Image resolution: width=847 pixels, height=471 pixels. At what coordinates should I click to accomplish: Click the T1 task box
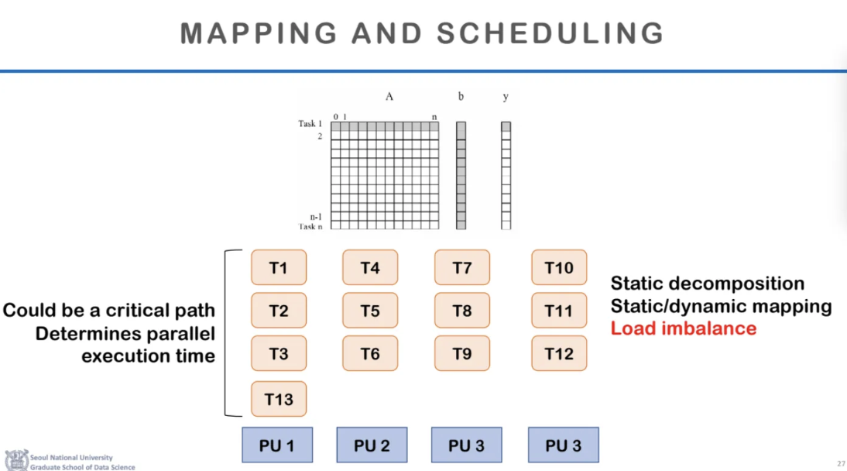[x=279, y=268]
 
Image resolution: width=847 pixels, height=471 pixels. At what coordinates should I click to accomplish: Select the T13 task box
[x=279, y=400]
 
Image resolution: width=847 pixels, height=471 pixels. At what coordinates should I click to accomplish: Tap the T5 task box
[x=370, y=311]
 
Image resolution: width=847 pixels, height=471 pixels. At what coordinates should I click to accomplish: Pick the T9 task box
[x=462, y=354]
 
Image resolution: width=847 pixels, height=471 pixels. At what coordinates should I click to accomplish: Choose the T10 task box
[x=559, y=268]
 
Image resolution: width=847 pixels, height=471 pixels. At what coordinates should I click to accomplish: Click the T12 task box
[x=559, y=354]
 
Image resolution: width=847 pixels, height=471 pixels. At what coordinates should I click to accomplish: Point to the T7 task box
[x=462, y=268]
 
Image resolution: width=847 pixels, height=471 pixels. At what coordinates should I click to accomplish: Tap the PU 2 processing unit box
[x=371, y=445]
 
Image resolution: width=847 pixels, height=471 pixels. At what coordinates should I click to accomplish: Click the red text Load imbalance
[x=683, y=328]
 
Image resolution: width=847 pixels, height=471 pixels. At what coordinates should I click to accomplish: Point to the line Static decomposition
[x=707, y=284]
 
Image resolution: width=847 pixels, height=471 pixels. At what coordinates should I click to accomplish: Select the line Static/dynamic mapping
[x=721, y=306]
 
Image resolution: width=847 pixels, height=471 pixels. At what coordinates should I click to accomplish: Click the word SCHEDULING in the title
[x=550, y=33]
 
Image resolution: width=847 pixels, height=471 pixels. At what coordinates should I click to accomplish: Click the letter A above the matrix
[x=389, y=97]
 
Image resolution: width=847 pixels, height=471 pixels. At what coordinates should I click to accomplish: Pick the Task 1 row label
[x=310, y=124]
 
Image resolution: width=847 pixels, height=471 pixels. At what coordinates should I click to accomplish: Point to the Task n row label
[x=310, y=226]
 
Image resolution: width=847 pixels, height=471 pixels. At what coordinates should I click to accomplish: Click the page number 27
[x=841, y=463]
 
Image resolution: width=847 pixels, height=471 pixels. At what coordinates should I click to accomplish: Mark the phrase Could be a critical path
[x=109, y=311]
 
